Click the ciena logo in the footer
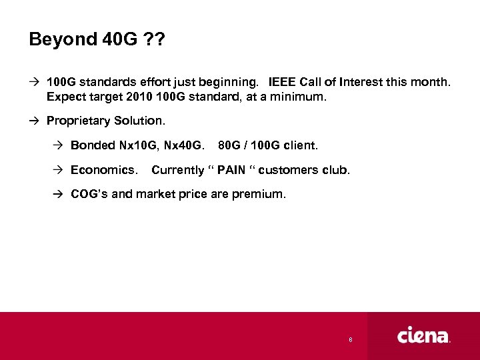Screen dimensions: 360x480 tap(424, 335)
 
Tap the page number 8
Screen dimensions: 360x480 tap(351, 340)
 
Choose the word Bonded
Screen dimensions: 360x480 tap(92, 145)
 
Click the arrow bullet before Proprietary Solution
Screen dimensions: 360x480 tap(34, 121)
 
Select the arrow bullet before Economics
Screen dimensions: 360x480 tap(58, 169)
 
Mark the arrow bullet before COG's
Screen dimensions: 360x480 tap(58, 194)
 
